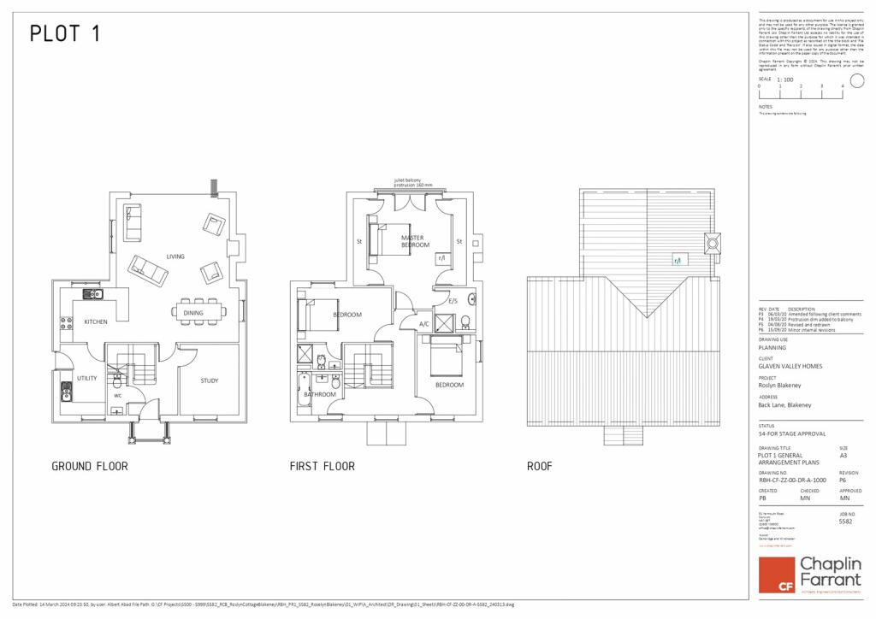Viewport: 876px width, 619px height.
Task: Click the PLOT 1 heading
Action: (x=65, y=33)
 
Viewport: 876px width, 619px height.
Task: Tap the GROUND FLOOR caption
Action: (x=90, y=467)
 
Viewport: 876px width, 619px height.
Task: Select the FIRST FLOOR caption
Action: (x=322, y=467)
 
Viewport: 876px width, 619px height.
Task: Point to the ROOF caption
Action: (x=539, y=467)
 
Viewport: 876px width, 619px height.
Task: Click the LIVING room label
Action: (x=175, y=256)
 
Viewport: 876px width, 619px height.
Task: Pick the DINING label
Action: (x=193, y=313)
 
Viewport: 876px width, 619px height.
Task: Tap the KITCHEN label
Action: (x=96, y=322)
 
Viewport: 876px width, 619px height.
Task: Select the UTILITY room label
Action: (x=86, y=377)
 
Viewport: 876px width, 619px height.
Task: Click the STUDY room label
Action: (x=210, y=380)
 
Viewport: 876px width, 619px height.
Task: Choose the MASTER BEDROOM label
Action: (x=415, y=241)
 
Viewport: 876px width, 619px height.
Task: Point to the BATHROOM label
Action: (x=321, y=394)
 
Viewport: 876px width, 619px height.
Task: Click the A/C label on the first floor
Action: (x=423, y=324)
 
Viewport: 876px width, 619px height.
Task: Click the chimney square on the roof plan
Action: (x=712, y=242)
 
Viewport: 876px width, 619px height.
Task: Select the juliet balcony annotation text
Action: (x=413, y=182)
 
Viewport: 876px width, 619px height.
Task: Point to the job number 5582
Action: (x=846, y=521)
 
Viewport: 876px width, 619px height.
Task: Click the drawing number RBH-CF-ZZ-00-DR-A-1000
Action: (x=790, y=481)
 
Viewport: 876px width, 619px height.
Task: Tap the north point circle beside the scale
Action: (x=857, y=81)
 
